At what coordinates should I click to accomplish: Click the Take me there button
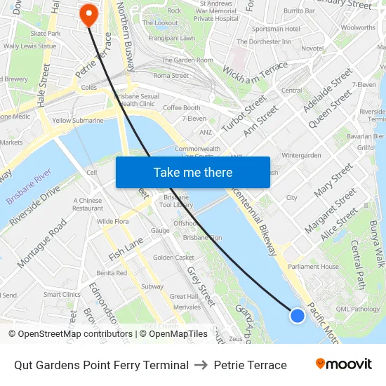193,172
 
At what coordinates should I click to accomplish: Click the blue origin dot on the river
298,315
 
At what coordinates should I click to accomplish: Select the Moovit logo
344,364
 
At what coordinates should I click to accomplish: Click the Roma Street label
171,75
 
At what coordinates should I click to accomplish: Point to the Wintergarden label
301,155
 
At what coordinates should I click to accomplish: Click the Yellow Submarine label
77,120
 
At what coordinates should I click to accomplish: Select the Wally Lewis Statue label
29,46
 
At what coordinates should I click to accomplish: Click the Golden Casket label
173,258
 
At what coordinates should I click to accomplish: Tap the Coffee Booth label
181,108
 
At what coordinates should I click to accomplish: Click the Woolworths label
357,28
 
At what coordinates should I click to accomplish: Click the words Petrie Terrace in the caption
251,365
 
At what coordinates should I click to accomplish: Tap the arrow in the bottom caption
201,365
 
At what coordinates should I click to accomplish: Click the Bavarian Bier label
369,136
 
